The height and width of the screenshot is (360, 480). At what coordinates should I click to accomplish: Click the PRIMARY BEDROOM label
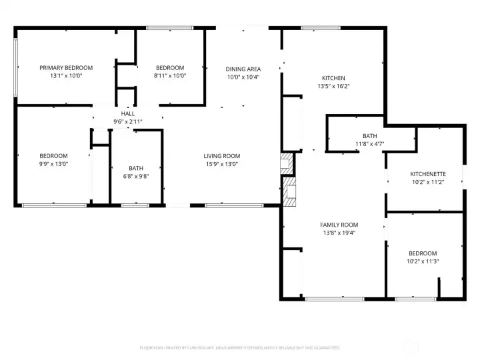click(x=65, y=67)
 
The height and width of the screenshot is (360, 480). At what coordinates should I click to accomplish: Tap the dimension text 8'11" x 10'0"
click(x=170, y=76)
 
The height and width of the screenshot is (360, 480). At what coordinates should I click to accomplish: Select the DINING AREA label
click(x=243, y=69)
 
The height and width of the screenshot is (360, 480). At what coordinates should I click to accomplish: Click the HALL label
click(x=127, y=114)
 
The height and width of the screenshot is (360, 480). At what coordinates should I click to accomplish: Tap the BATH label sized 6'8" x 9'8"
click(x=136, y=168)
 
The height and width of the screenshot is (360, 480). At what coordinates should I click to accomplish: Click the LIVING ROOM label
click(x=222, y=156)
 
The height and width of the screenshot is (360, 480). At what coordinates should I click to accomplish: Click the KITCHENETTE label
click(x=427, y=174)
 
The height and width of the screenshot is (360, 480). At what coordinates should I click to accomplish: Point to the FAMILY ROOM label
click(x=339, y=225)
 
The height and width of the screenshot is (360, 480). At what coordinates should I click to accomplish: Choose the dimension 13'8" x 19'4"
click(x=339, y=233)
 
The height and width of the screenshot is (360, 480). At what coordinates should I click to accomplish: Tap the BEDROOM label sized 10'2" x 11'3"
click(x=423, y=253)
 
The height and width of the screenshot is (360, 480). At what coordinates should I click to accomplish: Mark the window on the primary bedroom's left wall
click(x=15, y=67)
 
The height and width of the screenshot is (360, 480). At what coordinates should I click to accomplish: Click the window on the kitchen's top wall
click(x=312, y=28)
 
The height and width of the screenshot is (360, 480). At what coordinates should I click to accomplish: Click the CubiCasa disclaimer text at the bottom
click(x=239, y=347)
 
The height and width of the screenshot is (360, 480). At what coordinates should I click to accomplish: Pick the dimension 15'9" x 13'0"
click(x=222, y=164)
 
